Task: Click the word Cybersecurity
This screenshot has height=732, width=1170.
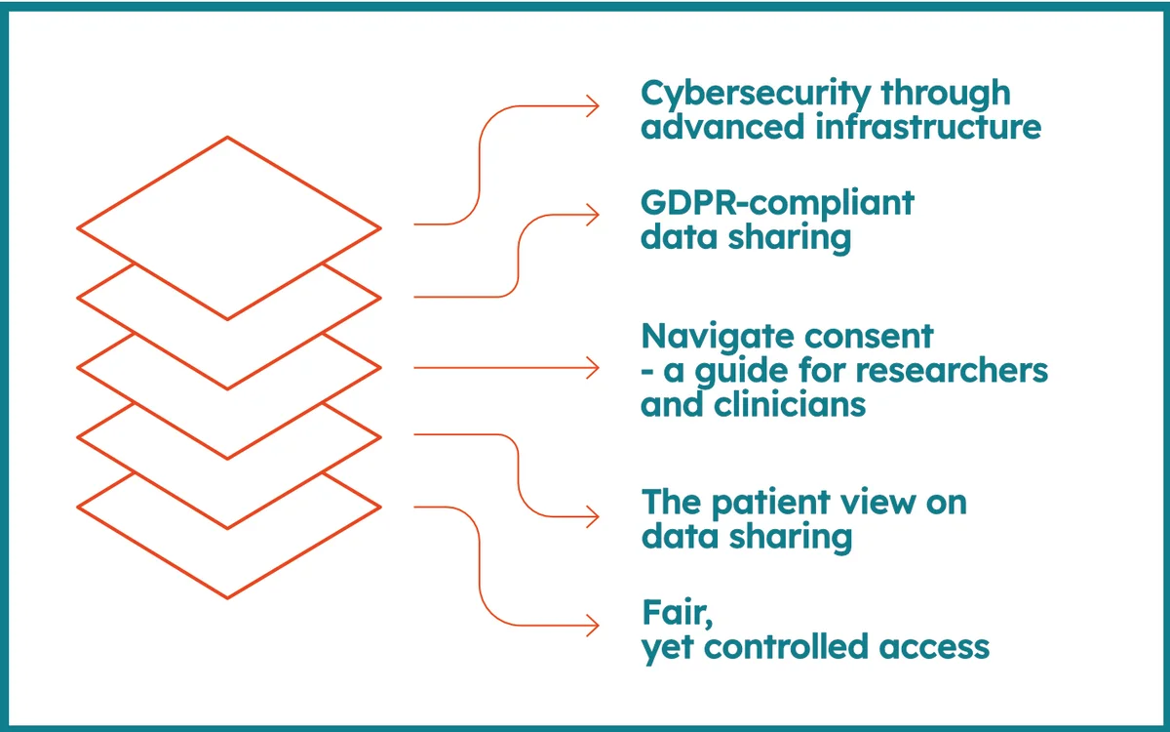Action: (x=756, y=95)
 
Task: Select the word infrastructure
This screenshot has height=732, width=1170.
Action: (x=928, y=127)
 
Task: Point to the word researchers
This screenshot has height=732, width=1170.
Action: (x=952, y=370)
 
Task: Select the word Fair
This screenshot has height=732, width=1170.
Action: (x=677, y=613)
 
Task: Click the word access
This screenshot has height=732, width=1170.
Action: (x=934, y=648)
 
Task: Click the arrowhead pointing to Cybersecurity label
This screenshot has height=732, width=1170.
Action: (x=593, y=106)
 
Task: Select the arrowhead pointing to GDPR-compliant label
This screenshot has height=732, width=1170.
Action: (x=593, y=215)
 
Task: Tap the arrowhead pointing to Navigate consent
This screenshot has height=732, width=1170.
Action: (x=593, y=368)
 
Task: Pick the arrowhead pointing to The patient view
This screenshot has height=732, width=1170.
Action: (x=593, y=516)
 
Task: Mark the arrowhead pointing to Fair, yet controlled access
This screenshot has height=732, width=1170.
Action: (x=593, y=626)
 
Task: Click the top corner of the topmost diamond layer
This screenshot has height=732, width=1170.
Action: (x=227, y=138)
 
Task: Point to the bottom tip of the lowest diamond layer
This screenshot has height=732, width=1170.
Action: (x=227, y=598)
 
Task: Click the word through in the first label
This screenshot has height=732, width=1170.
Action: (x=946, y=95)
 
